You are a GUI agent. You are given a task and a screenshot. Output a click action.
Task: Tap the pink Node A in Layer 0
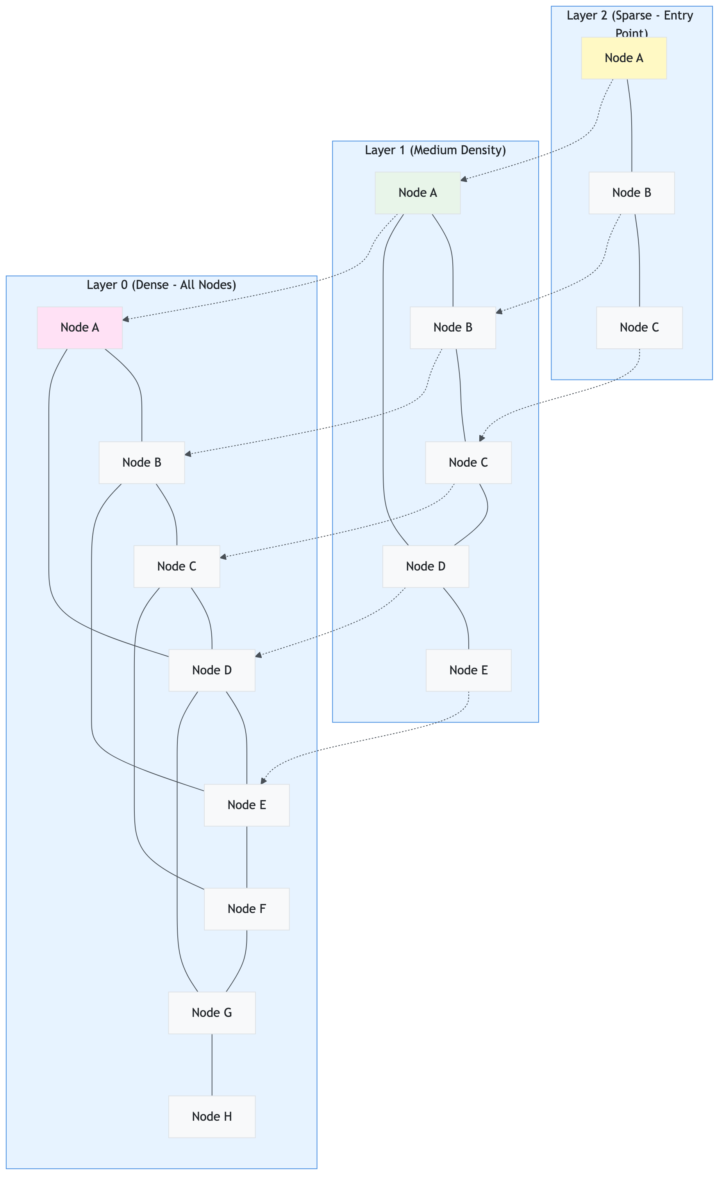coord(80,327)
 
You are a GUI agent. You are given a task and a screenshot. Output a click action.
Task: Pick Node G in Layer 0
coord(212,1013)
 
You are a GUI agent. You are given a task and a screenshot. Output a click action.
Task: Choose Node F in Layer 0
coord(246,909)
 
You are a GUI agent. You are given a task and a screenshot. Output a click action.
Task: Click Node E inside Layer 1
coord(468,670)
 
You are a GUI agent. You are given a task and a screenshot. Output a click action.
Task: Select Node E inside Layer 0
coord(246,805)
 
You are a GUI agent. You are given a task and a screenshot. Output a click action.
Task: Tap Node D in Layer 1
coord(425,566)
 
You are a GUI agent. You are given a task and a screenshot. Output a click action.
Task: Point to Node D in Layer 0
coord(212,670)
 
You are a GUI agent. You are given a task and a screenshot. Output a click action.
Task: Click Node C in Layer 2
coord(639,327)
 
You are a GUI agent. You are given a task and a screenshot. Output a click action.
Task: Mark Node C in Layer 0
coord(177,566)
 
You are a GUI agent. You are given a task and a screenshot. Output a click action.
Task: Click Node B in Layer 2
coord(631,193)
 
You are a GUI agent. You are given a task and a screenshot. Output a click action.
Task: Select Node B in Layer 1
coord(452,327)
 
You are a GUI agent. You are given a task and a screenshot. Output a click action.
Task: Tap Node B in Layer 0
coord(141,462)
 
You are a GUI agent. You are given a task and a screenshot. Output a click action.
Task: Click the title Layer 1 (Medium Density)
coord(435,150)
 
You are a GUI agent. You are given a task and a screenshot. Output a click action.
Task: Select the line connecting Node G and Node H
coord(212,1065)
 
